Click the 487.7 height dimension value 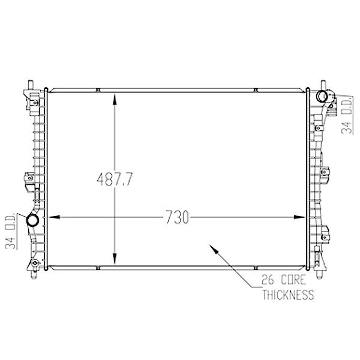pos(115,179)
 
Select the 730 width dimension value pos(177,217)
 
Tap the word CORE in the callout pos(293,280)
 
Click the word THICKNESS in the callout pos(288,295)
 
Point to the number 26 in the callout pos(268,280)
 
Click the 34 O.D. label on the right pos(347,115)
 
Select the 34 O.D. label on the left pos(10,231)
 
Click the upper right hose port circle pos(322,97)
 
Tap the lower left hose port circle pos(32,220)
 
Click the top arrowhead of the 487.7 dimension pos(115,99)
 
